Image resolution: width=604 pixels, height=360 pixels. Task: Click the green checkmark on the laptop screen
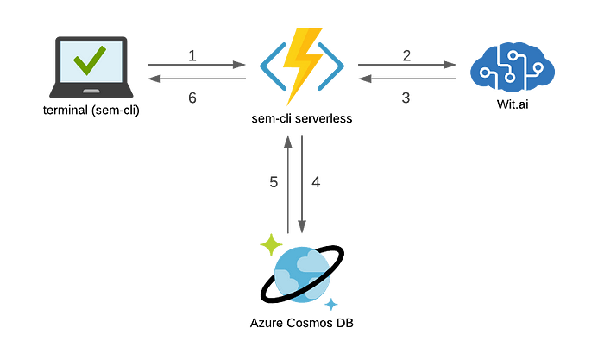[90, 60]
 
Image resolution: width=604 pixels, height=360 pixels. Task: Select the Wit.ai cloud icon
[513, 67]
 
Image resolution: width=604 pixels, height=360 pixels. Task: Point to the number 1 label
[192, 56]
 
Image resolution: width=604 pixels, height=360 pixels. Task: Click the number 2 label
[406, 56]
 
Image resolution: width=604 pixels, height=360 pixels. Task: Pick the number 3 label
[406, 98]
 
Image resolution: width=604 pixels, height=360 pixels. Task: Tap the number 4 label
[316, 182]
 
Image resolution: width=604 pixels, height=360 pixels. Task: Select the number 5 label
[274, 182]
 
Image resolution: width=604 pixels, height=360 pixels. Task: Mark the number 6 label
[192, 98]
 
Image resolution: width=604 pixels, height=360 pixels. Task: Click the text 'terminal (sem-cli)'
[91, 111]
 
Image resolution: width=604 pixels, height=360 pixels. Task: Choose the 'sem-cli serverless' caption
[302, 118]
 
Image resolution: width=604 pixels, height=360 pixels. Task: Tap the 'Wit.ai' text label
[513, 104]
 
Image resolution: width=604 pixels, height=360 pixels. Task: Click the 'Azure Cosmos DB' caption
[302, 323]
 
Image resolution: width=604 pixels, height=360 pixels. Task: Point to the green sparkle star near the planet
[271, 244]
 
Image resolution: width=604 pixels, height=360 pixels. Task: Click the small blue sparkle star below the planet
[330, 305]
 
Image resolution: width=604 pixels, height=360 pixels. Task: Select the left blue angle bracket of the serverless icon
[274, 66]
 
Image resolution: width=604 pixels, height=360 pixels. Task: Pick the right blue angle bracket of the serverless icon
[330, 66]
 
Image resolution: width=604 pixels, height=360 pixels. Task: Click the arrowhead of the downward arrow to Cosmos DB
[302, 227]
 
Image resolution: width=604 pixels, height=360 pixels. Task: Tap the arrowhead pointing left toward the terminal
[154, 79]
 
